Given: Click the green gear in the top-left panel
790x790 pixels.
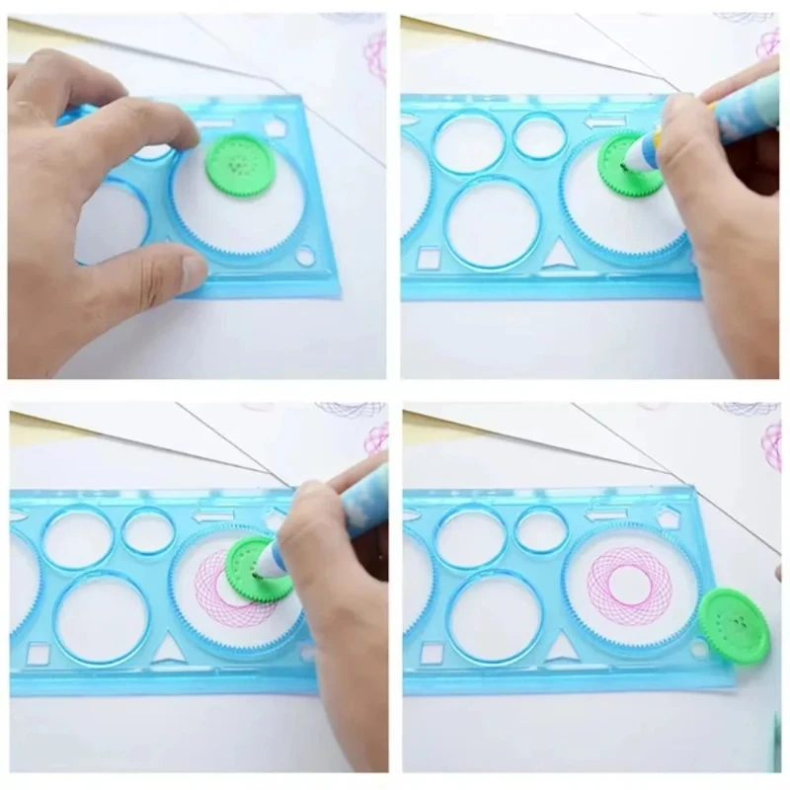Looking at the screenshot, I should click(x=238, y=163).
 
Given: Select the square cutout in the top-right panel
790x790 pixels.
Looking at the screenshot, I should click(x=429, y=260).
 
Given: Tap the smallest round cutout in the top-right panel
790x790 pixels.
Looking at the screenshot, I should click(x=539, y=136).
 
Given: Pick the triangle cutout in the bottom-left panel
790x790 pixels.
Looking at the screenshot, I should click(x=170, y=649).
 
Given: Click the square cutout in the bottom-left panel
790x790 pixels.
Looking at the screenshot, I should click(x=38, y=654).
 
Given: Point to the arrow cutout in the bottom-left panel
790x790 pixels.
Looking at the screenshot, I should click(x=213, y=515).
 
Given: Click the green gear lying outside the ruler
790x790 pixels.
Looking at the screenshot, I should click(x=733, y=627).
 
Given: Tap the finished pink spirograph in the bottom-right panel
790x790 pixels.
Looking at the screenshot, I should click(x=629, y=586).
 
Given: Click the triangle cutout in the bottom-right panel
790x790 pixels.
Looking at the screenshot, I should click(x=562, y=648).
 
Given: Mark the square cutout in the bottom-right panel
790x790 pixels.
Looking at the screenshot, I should click(x=431, y=653).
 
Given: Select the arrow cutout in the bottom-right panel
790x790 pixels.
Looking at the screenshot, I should click(x=604, y=514).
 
